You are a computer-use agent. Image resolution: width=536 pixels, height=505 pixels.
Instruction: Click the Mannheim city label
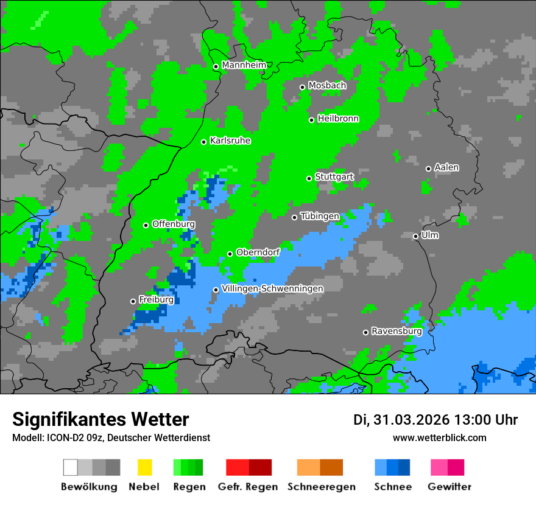coord(244,65)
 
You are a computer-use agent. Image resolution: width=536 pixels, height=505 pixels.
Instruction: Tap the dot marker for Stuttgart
coord(309,178)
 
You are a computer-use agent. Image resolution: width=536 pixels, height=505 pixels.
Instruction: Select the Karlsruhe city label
coord(230,141)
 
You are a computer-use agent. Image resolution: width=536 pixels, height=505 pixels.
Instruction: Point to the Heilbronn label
coord(337,119)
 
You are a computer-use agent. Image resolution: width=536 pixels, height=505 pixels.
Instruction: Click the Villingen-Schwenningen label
coord(272,288)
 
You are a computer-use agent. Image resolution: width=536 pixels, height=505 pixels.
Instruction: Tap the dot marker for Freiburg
coord(133,301)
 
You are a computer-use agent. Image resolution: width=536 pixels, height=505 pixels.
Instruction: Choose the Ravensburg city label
coord(396,331)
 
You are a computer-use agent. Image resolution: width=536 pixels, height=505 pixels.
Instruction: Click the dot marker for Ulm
coord(416,236)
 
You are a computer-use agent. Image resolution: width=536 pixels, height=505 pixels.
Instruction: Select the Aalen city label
coord(446,167)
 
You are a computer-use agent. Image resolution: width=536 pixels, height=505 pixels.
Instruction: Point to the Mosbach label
coord(326,86)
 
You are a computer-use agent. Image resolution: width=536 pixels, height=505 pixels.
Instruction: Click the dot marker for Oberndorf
coord(230,254)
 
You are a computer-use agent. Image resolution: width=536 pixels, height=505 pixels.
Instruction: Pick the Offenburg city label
coord(173,224)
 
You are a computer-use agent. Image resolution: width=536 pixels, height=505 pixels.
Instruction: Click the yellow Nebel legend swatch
coord(144,467)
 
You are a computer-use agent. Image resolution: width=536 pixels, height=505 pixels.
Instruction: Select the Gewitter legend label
coord(449,487)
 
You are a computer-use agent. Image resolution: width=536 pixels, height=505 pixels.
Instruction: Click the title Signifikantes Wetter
coord(100,419)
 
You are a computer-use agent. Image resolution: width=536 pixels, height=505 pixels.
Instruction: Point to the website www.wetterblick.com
coord(439,437)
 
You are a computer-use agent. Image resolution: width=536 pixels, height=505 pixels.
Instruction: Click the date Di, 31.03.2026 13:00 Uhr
coord(435,420)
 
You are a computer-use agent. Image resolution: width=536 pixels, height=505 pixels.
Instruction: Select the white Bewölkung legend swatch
coord(71,467)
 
